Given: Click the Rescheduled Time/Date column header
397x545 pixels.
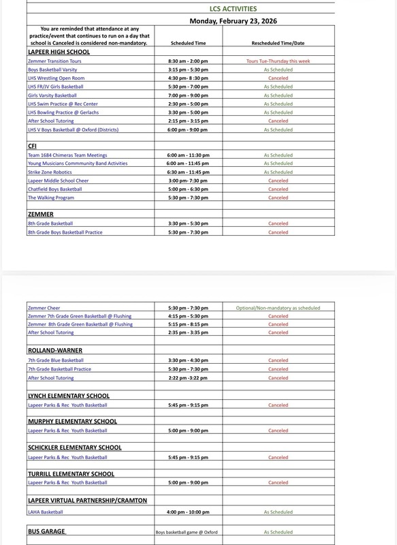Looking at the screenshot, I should (x=279, y=42).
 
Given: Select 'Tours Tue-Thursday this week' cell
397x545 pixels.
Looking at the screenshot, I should (x=279, y=61).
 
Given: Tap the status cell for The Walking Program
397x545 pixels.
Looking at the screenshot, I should (x=279, y=198).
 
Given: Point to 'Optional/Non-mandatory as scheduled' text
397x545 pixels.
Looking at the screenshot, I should (x=279, y=308).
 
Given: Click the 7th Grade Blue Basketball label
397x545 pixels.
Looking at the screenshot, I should (x=56, y=360).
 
